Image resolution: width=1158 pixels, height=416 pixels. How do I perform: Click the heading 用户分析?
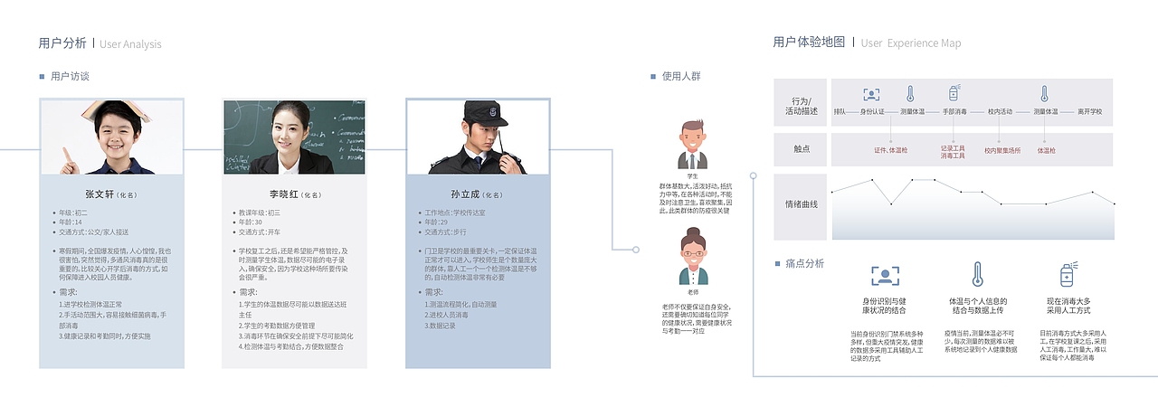[x=62, y=43]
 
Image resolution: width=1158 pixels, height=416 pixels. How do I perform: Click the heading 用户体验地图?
[x=809, y=43]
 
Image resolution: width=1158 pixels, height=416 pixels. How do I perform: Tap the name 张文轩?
[x=100, y=194]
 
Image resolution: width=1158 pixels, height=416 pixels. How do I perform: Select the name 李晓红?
[x=284, y=194]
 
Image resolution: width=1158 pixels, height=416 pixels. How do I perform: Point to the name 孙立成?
[x=466, y=194]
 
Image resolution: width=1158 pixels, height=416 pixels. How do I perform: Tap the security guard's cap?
[x=479, y=112]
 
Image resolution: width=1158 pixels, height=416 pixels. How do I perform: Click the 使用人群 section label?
[x=681, y=77]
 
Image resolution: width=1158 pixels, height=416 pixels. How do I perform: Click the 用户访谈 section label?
[x=70, y=77]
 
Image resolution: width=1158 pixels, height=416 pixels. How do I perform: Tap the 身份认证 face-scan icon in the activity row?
[x=871, y=94]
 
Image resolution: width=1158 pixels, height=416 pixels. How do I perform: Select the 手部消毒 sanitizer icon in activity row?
[x=954, y=94]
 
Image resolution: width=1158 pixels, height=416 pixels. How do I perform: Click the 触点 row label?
[x=802, y=150]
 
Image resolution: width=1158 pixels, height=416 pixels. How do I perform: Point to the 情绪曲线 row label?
[x=802, y=205]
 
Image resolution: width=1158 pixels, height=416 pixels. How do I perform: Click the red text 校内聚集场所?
[x=1002, y=151]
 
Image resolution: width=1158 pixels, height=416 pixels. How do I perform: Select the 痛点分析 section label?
[x=804, y=264]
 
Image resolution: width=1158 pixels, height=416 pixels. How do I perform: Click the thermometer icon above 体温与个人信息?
[x=977, y=275]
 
